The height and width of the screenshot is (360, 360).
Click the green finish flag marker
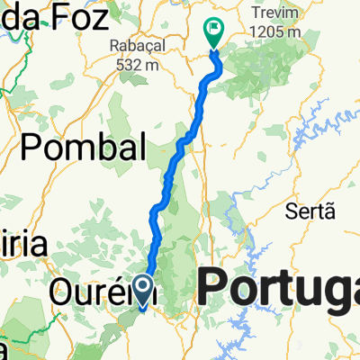click(214, 33)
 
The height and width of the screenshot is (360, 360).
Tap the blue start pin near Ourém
click(143, 290)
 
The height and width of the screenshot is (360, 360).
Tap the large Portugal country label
click(279, 290)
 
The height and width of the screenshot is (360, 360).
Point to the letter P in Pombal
click(31, 145)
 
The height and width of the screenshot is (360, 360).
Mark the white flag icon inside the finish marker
click(214, 29)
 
